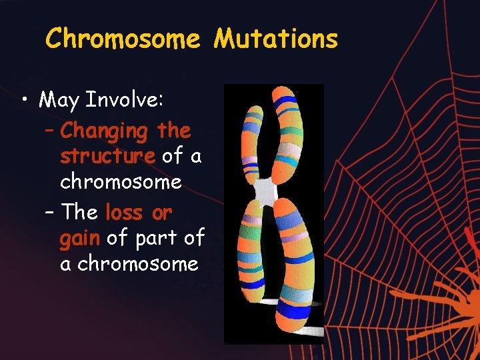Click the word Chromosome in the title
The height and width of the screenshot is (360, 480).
(122, 39)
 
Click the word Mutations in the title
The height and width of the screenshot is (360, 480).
(275, 39)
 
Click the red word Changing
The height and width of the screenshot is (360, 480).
(104, 131)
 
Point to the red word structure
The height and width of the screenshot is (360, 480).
(107, 156)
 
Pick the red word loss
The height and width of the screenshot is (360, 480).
(124, 213)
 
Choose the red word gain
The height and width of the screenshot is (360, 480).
(79, 238)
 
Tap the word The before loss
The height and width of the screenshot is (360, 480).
(79, 213)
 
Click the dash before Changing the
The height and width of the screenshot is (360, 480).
(50, 131)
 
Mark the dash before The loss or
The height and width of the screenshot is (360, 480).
(50, 213)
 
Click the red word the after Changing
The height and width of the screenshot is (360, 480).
(174, 131)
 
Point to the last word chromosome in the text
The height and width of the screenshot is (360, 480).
(138, 263)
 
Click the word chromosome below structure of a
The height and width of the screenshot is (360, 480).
(121, 181)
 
